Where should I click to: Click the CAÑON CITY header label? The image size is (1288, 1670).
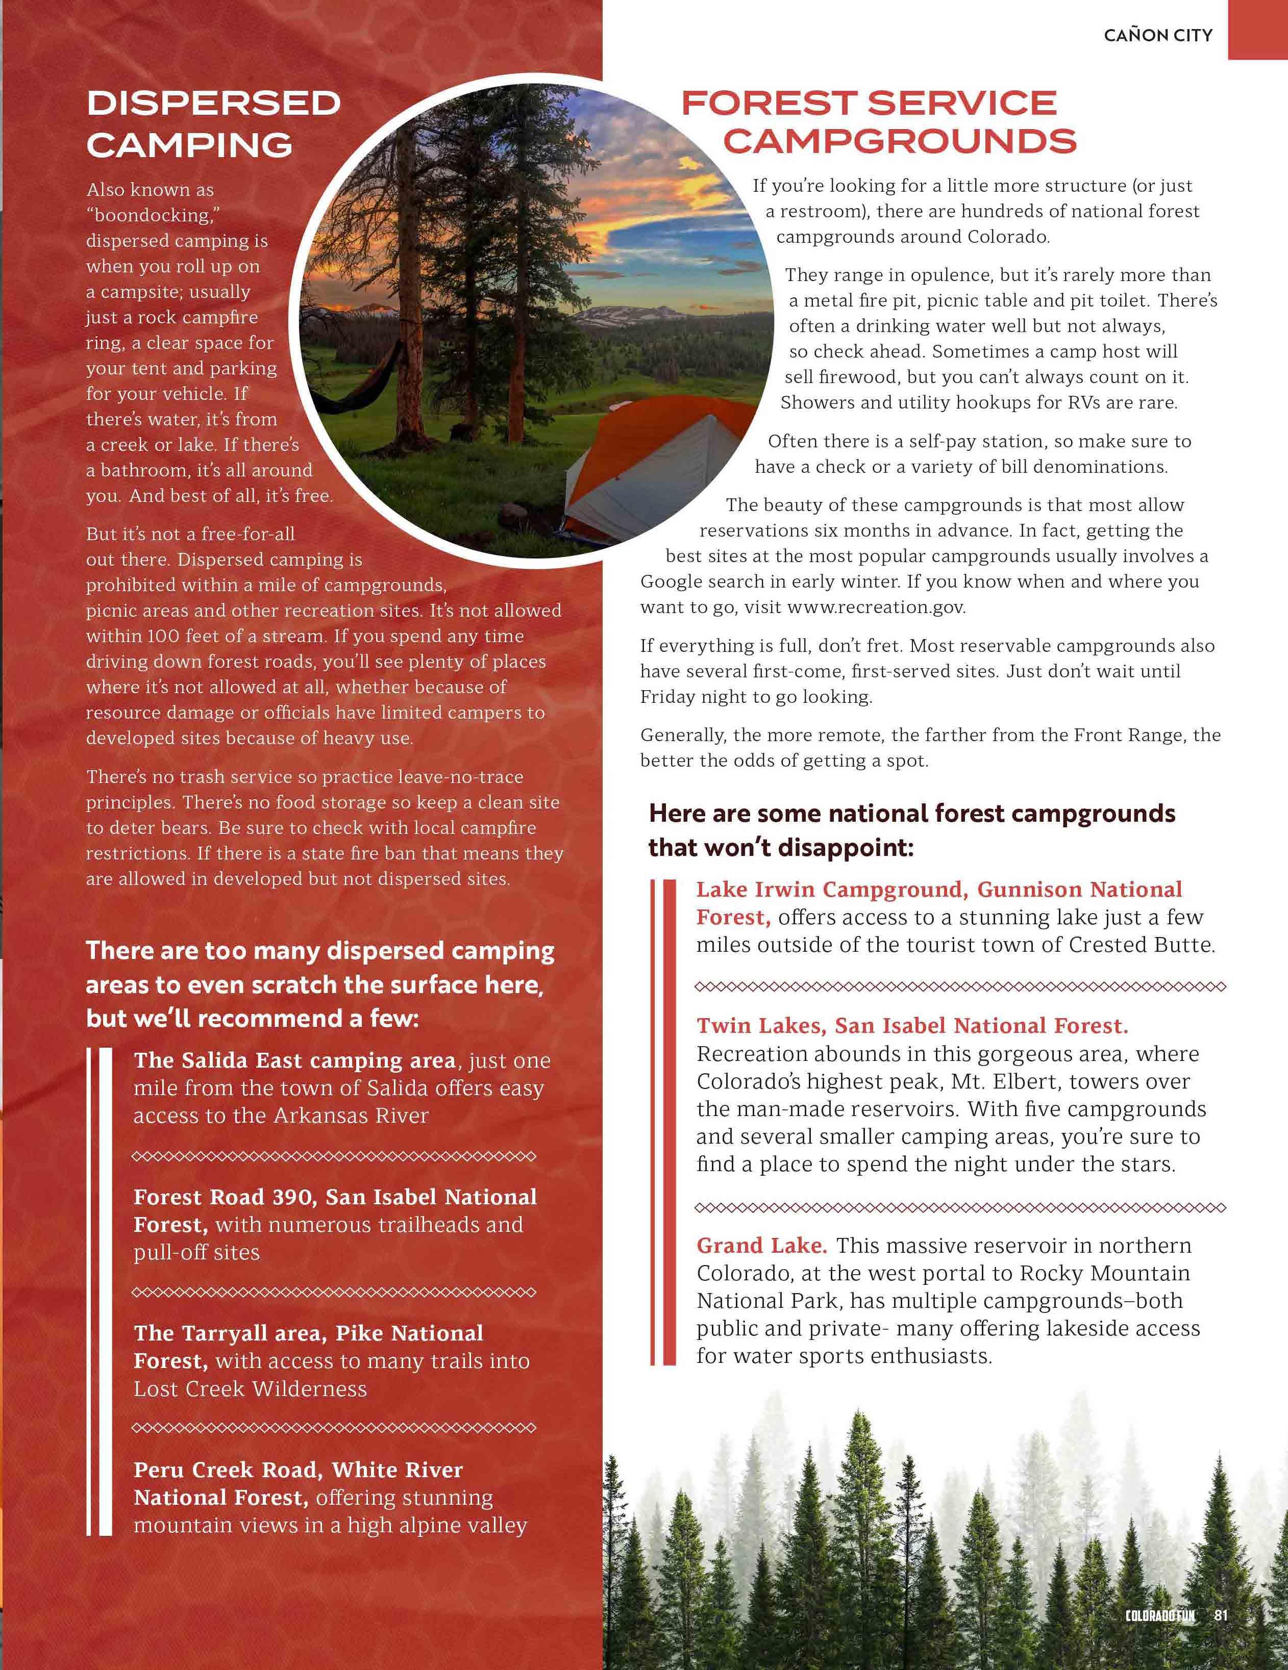(x=1158, y=35)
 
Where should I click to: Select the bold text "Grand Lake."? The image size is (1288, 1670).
(x=761, y=1246)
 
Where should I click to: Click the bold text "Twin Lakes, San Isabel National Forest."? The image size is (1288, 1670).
(x=912, y=1025)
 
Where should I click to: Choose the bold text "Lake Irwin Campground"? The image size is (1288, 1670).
(x=833, y=889)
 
